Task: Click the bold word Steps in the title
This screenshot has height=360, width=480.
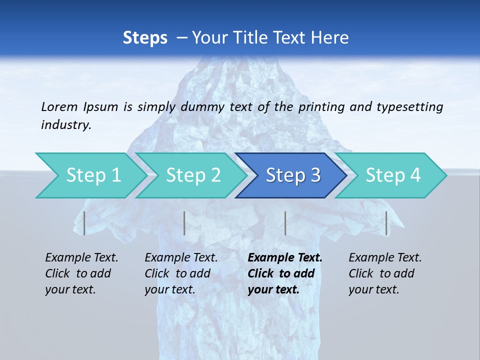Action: point(145,38)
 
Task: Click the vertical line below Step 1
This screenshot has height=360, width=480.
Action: point(84,223)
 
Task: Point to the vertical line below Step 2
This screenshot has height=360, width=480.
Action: point(184,223)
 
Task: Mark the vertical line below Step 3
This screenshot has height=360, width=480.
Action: point(285,223)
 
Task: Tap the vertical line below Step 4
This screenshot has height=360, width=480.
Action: point(386,223)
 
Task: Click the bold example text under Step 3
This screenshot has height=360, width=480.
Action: point(285,273)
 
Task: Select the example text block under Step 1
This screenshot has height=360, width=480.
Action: point(81,273)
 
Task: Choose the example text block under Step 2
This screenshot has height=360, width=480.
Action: point(181,273)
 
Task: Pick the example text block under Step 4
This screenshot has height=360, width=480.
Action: point(385,273)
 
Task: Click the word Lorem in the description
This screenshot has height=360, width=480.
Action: point(60,106)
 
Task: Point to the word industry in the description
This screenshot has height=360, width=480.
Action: point(66,125)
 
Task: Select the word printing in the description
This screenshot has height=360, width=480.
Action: point(321,107)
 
